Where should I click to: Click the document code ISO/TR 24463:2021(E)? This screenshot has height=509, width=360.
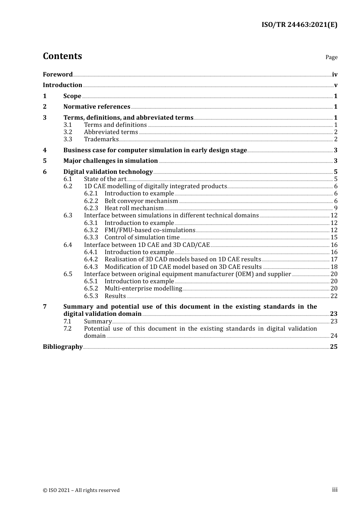point(299,25)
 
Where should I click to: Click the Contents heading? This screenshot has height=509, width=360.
point(62,56)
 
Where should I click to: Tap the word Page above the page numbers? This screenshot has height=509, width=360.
point(331,57)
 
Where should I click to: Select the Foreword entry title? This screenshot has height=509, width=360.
point(58,75)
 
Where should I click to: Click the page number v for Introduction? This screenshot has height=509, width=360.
point(335,85)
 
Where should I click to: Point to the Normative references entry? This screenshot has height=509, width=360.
point(97,107)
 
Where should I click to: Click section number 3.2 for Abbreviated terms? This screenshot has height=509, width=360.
point(68,132)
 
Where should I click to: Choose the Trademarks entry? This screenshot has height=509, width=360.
point(101,139)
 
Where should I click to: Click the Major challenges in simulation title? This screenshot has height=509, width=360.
point(110,161)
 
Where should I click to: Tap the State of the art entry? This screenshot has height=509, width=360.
point(105,179)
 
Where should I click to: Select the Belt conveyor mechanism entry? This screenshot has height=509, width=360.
point(141,201)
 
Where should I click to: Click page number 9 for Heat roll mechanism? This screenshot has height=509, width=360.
point(335,208)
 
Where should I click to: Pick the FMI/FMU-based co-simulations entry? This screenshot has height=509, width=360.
point(150,230)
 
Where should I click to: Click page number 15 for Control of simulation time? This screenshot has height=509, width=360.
point(334,237)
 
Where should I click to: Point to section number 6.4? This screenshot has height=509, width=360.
point(68,245)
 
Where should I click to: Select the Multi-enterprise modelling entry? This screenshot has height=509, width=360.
point(143,289)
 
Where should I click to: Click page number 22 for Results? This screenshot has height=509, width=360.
point(334,296)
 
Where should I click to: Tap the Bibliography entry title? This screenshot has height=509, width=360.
point(63,347)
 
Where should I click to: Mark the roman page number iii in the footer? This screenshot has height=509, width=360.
point(335,490)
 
